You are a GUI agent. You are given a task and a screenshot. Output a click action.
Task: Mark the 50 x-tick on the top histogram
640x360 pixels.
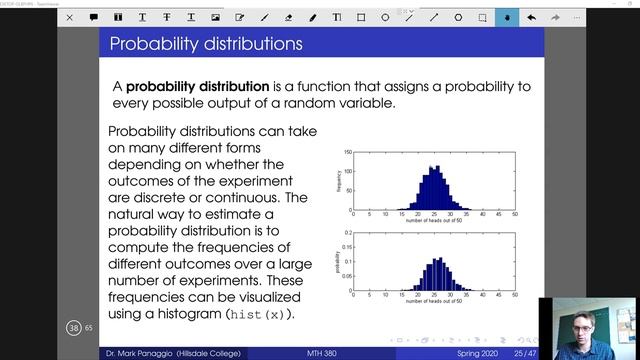(514, 215)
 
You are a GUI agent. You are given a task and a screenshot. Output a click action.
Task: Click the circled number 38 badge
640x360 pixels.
(73, 328)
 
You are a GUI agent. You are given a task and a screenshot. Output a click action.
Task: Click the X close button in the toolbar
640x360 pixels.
(68, 17)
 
